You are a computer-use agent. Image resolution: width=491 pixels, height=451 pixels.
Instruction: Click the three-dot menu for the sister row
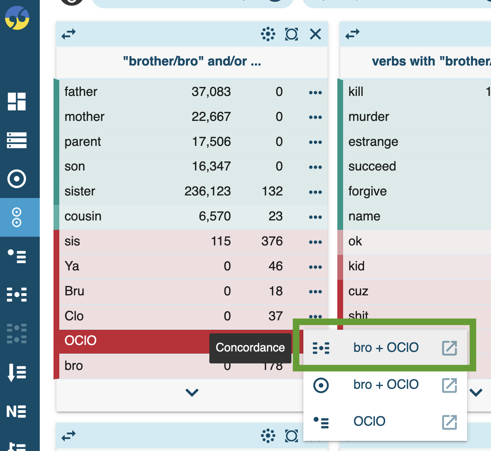[315, 192]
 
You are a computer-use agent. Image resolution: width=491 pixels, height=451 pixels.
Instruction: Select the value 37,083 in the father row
[211, 92]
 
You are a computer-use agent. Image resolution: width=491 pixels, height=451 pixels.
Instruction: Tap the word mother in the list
[84, 117]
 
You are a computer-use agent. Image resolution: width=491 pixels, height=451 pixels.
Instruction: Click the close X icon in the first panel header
[315, 34]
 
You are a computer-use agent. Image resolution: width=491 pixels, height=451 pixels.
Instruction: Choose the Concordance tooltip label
[250, 347]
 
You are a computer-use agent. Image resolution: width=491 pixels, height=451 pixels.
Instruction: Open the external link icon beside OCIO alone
[449, 422]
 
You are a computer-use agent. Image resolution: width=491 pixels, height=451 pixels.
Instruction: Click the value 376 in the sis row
[272, 241]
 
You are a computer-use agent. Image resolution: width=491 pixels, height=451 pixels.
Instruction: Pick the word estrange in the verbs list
[373, 142]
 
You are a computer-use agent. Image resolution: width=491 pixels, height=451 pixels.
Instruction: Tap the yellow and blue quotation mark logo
[17, 18]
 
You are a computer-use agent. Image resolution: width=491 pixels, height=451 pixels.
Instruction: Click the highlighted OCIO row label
[81, 341]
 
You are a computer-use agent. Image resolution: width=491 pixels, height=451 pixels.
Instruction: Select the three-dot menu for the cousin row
[315, 217]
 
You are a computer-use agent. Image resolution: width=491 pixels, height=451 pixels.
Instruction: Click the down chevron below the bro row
[192, 392]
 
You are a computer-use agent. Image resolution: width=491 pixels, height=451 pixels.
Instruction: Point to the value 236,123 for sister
[208, 191]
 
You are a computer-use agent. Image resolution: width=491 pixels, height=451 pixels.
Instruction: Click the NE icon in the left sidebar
[16, 412]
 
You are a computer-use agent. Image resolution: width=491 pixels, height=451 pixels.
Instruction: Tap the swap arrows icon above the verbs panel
[353, 34]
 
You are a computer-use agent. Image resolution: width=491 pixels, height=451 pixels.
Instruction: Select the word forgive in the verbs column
[367, 191]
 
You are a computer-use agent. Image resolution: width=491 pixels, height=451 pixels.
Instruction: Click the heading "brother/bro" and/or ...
[192, 62]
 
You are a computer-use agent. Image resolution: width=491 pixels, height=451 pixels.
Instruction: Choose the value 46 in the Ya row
[276, 266]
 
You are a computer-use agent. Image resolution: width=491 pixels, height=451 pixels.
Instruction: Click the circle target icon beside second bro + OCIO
[321, 385]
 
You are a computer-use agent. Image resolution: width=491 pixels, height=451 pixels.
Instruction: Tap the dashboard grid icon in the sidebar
[17, 101]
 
